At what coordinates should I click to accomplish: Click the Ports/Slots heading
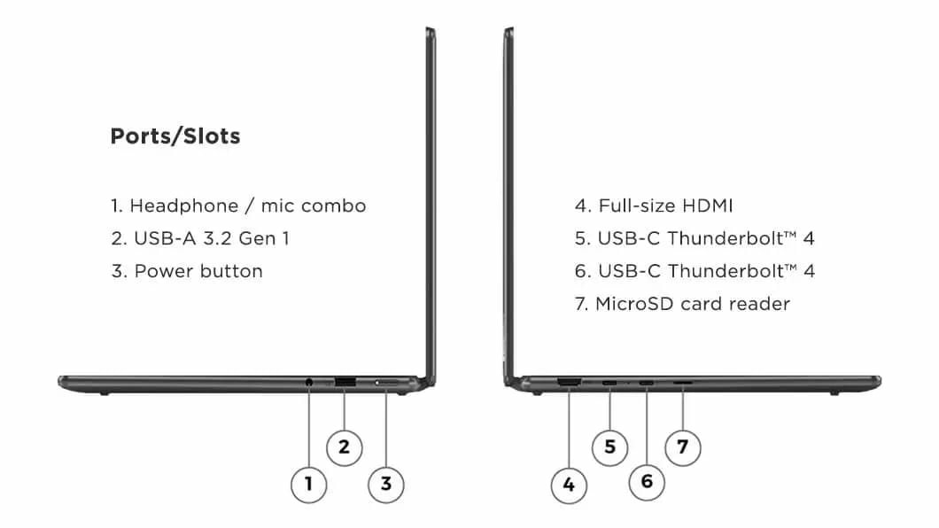tap(175, 136)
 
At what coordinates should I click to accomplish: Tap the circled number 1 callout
tap(308, 485)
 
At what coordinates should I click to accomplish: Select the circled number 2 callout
tap(345, 447)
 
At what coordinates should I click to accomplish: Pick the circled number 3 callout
tap(386, 485)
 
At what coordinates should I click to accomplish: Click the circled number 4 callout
tap(569, 485)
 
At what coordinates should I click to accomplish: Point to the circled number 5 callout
tap(609, 447)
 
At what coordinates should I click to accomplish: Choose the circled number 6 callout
tap(647, 482)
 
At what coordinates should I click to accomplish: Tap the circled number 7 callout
tap(683, 447)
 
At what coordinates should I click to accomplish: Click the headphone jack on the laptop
tap(309, 382)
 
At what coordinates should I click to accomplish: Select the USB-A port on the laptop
tap(345, 382)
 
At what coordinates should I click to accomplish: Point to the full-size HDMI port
tap(569, 382)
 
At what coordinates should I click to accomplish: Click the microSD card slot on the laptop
tap(683, 382)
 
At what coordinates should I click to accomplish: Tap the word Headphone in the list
tap(184, 206)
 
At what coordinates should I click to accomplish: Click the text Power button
tap(198, 271)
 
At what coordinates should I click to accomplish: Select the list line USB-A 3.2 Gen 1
tap(200, 238)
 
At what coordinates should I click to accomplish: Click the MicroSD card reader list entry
tap(682, 304)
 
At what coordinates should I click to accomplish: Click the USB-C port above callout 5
tap(609, 383)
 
